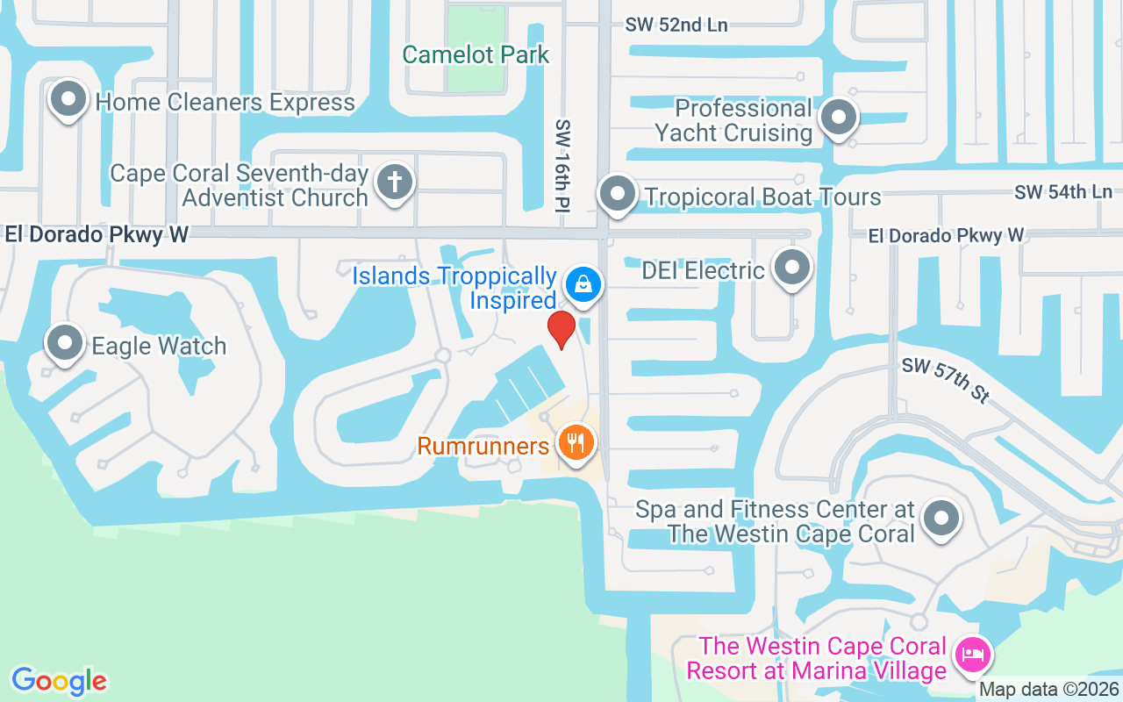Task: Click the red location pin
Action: pos(561,329)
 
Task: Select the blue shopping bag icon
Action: pos(582,284)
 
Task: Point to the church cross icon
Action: pos(394,183)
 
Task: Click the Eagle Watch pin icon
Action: pos(65,343)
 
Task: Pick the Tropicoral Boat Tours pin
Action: pos(618,193)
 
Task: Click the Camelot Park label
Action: pos(476,54)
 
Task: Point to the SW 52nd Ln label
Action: pos(676,25)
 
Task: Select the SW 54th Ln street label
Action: pos(1062,191)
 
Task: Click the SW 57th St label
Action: pos(946,380)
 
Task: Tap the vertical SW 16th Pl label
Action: pos(562,165)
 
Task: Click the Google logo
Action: pos(59,681)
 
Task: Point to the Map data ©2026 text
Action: pos(1049,690)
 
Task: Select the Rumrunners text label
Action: pos(483,446)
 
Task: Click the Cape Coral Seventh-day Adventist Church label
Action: pos(239,185)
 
